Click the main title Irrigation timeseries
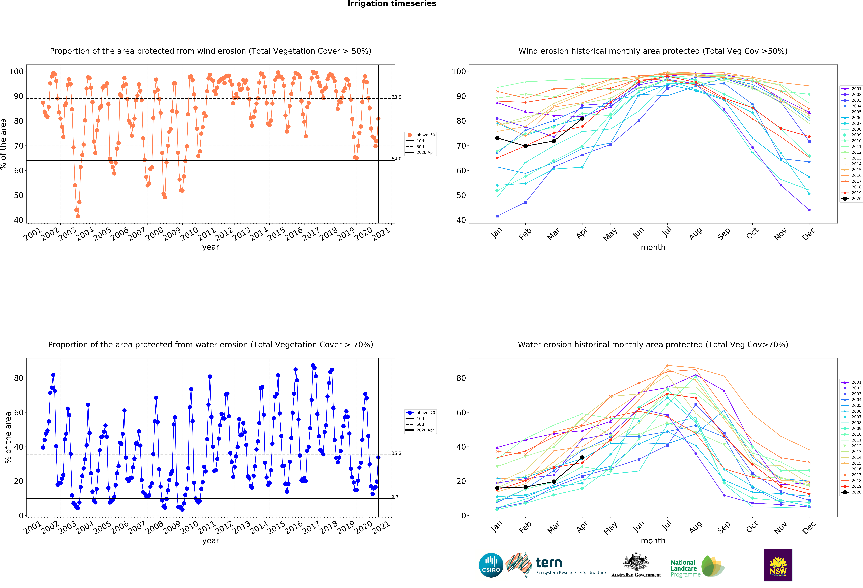[392, 4]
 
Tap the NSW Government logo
[778, 565]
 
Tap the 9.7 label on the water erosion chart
[395, 497]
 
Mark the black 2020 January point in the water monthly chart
[497, 488]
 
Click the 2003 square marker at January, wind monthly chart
[497, 216]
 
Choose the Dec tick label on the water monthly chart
[809, 527]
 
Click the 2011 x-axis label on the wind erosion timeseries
[206, 234]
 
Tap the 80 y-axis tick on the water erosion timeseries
[19, 378]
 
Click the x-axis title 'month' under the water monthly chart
[653, 541]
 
